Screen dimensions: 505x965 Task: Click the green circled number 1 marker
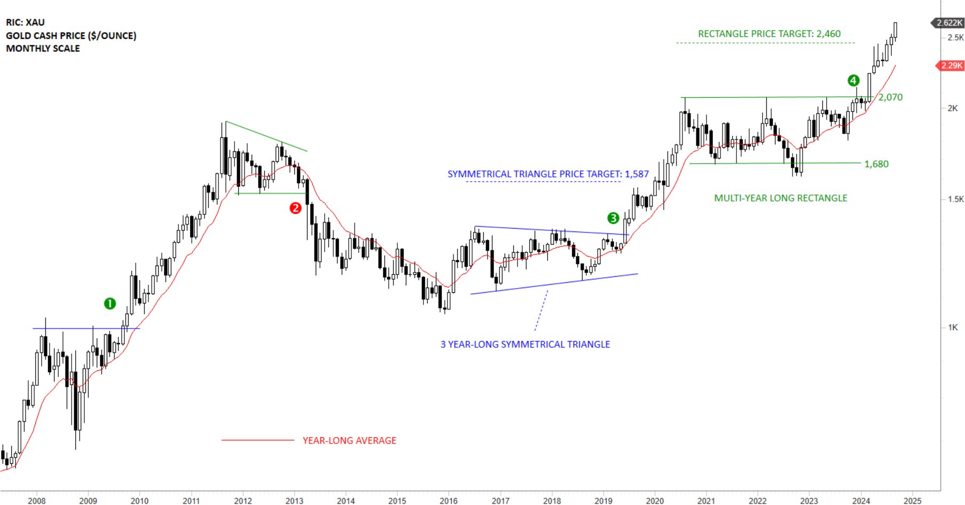[109, 304]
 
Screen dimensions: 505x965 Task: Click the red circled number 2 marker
[295, 208]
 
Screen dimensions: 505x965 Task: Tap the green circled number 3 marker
[613, 218]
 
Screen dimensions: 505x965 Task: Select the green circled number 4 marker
[853, 81]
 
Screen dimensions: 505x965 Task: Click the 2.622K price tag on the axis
[950, 22]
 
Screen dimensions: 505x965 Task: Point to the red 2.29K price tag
[951, 65]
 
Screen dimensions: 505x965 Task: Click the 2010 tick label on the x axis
[139, 501]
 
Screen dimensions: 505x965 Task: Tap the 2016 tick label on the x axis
[448, 501]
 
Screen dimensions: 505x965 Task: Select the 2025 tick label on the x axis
[912, 501]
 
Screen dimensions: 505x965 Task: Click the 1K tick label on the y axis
[953, 328]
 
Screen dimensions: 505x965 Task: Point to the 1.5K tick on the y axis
[955, 199]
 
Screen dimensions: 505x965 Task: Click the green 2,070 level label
[890, 97]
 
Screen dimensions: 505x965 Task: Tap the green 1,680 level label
[876, 164]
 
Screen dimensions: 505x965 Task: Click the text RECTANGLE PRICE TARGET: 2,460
[769, 34]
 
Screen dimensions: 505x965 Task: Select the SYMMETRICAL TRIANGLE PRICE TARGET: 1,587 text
[548, 174]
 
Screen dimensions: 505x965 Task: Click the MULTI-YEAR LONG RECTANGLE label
[780, 198]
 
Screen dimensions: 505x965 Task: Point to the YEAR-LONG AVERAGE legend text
[349, 440]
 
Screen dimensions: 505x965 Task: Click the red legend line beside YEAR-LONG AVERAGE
[257, 440]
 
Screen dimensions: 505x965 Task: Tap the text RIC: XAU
[25, 22]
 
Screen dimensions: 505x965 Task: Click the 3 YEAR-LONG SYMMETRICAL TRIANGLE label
[525, 345]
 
